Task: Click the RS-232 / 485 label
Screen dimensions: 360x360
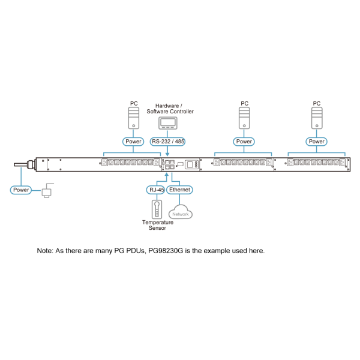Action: (167, 142)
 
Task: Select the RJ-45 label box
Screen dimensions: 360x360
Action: (155, 190)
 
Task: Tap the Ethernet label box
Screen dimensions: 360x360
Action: (179, 190)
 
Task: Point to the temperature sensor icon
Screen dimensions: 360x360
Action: (156, 209)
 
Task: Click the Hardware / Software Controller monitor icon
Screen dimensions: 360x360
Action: (167, 122)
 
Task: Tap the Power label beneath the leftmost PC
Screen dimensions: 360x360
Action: (134, 142)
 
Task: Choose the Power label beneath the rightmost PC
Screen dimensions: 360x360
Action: (316, 142)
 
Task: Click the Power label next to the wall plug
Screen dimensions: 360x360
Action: (22, 190)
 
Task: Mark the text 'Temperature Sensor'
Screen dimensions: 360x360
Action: (158, 225)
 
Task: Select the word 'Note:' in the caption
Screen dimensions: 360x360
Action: (46, 250)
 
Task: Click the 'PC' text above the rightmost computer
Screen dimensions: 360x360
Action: (316, 103)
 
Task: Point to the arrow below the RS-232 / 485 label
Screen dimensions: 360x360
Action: (167, 152)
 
